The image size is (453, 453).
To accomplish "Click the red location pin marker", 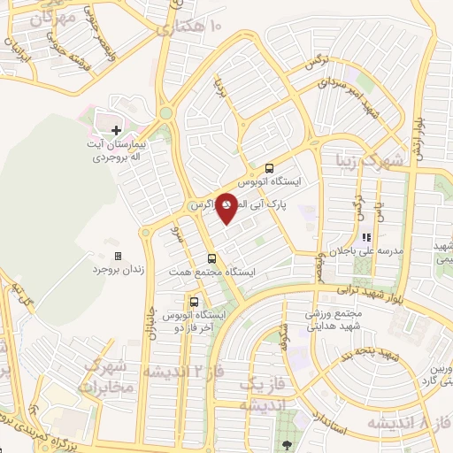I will pos(227,207).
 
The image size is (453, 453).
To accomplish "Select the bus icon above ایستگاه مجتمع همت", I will pos(211,259).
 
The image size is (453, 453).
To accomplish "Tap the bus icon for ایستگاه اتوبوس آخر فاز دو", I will pos(194,301).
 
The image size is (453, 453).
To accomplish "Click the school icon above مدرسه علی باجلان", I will pos(366,237).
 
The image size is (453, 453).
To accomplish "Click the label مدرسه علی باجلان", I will pos(379,251).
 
